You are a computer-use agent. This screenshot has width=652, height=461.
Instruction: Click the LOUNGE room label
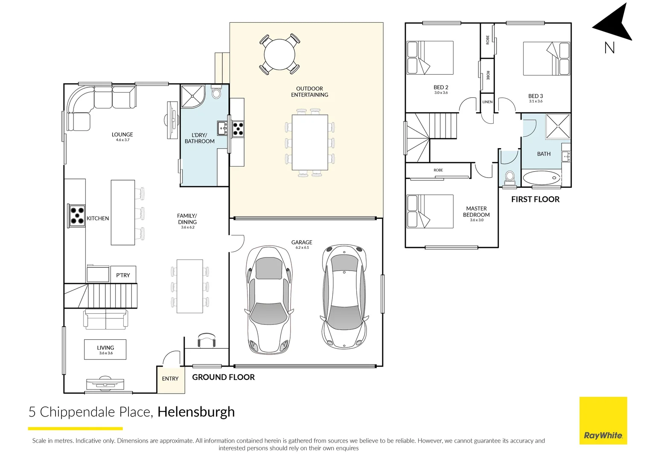click(x=122, y=134)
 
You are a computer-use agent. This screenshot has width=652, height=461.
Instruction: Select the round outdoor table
click(x=279, y=55)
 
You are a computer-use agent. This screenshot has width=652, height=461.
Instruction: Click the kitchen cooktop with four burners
click(x=77, y=216)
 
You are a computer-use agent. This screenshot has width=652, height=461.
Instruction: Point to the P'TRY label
click(x=123, y=275)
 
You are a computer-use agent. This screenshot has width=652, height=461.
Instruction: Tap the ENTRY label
click(x=170, y=379)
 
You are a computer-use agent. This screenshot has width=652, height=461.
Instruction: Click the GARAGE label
click(x=302, y=242)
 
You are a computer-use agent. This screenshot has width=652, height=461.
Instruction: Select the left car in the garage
click(x=269, y=300)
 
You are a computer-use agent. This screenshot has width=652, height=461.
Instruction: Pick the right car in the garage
click(x=344, y=296)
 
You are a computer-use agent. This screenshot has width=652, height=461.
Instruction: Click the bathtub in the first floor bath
click(x=541, y=178)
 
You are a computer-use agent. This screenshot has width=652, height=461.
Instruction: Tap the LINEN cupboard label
click(x=487, y=102)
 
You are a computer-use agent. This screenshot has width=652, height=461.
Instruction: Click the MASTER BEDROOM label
click(x=476, y=212)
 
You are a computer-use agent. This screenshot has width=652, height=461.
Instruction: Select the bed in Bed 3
click(x=546, y=58)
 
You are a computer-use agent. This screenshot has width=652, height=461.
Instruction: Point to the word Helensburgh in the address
click(x=196, y=412)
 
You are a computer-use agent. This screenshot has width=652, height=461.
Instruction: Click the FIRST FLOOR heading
click(x=535, y=199)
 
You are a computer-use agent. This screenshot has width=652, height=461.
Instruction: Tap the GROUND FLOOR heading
click(x=223, y=377)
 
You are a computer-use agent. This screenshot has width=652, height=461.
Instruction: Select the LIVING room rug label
click(x=105, y=350)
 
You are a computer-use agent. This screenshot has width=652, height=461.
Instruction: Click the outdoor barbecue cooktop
click(x=238, y=128)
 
